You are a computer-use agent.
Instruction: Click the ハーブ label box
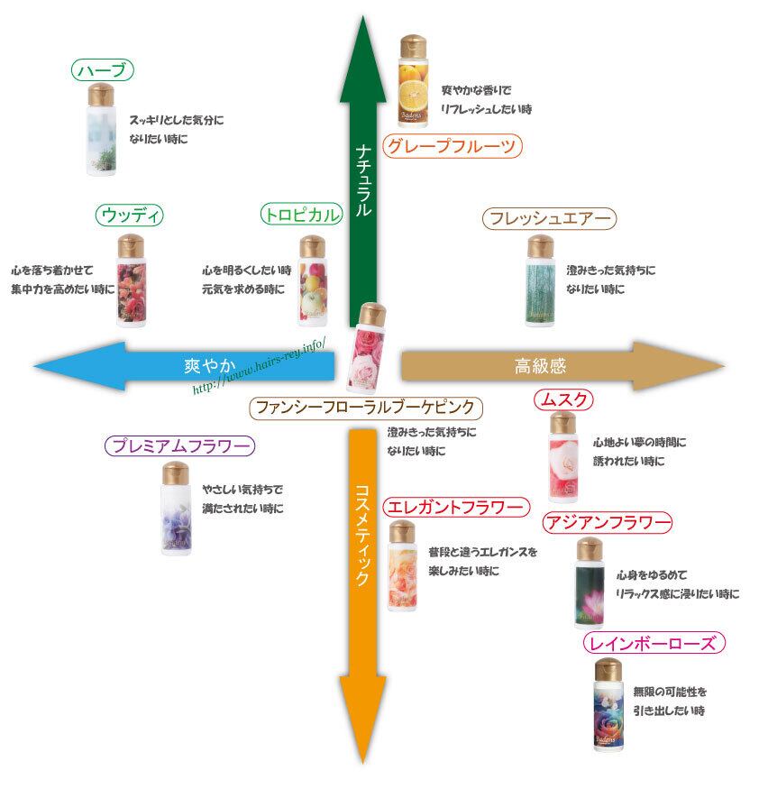coord(103,70)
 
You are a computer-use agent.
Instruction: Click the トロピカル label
coord(301,215)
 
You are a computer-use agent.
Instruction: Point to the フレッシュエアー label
coord(548,219)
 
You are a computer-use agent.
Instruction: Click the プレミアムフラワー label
coord(179,445)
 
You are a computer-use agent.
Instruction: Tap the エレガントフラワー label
coord(453,509)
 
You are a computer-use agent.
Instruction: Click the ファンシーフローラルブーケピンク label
coord(362,408)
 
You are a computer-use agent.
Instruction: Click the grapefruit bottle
coord(416,81)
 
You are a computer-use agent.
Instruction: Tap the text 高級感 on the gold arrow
coord(540,365)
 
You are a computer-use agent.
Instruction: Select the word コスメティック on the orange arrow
coord(362,536)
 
